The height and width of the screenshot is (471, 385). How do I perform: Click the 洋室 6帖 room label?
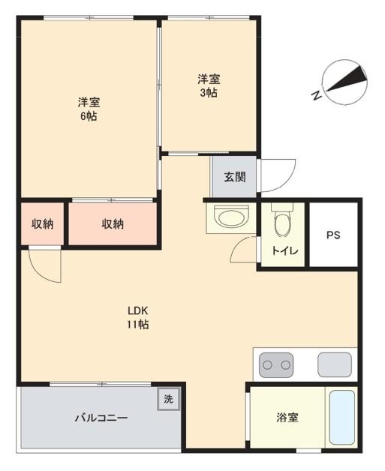89,109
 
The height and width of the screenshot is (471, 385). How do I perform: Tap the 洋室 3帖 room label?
209,85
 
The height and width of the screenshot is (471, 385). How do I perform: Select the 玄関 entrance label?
235,177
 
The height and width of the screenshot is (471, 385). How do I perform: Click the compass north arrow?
347,79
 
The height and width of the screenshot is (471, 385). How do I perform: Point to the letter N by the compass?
316,96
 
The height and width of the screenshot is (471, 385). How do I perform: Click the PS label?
333,235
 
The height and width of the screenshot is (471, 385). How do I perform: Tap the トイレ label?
284,250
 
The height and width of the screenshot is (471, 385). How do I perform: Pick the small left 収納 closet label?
42,223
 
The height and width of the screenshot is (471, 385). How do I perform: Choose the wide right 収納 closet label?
113,223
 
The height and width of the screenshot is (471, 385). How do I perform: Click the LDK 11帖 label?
137,317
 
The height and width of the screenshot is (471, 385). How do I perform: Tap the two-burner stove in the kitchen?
276,365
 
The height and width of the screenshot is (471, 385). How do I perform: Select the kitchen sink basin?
335,364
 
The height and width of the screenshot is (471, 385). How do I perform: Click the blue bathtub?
342,418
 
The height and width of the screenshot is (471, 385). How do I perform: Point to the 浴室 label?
287,418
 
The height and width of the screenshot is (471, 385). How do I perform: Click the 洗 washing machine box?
168,399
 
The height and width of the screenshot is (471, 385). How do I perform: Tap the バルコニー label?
101,418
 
